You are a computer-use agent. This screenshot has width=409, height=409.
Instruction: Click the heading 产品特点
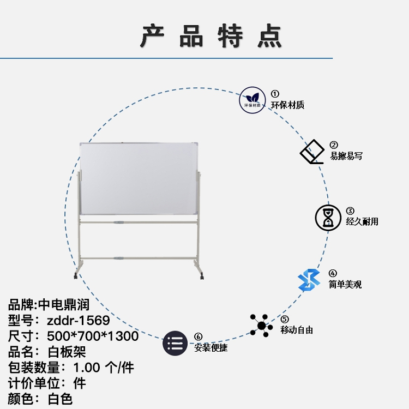tap(211, 37)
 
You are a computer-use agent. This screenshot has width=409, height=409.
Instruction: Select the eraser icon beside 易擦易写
tap(313, 152)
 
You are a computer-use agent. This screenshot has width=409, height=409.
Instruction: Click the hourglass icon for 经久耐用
tap(329, 217)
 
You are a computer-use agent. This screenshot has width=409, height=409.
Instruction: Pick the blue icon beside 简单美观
tap(309, 280)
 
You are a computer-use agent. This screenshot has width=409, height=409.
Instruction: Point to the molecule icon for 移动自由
tap(261, 326)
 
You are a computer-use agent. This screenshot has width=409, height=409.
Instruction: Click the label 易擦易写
tap(346, 156)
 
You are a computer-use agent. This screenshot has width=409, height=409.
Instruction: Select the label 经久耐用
tap(362, 221)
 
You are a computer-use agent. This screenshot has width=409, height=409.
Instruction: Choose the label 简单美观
tap(345, 284)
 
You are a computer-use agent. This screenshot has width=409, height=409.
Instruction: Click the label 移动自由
tap(297, 330)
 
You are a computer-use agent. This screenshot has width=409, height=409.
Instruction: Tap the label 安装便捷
tap(210, 348)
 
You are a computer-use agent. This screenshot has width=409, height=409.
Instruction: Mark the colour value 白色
tap(60, 399)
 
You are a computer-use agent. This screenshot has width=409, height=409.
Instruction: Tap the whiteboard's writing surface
tap(139, 178)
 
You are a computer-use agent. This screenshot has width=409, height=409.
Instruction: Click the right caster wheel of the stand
tap(202, 278)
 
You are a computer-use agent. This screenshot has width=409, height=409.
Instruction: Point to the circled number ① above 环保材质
tap(275, 94)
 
